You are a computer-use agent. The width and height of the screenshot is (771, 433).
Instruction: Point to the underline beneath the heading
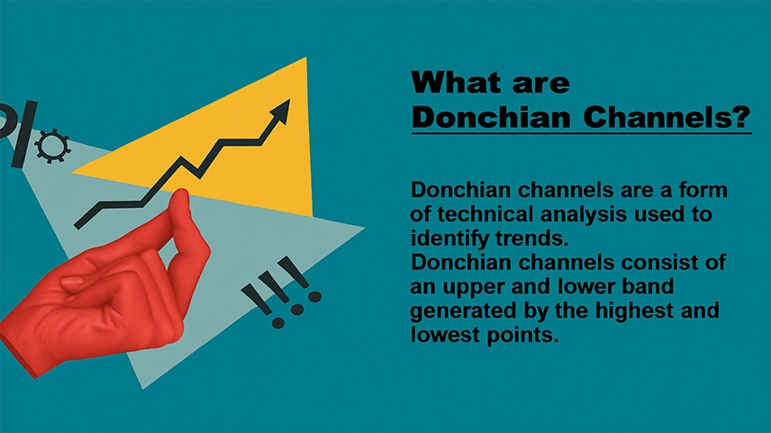[x=582, y=132]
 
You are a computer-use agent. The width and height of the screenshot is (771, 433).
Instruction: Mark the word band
[x=651, y=286]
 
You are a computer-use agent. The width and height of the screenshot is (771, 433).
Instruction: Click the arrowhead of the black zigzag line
[x=280, y=110]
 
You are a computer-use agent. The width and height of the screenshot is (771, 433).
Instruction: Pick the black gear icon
[x=52, y=146]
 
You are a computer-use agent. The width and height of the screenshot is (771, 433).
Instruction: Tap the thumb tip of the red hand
[x=180, y=196]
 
